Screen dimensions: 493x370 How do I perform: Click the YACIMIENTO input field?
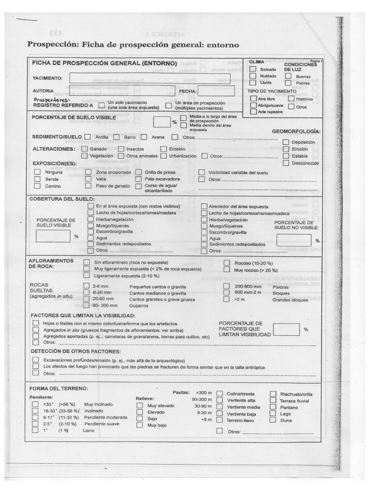coord(149,78)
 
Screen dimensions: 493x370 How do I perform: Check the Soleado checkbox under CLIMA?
coord(253,70)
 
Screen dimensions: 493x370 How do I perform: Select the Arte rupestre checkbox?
coord(253,112)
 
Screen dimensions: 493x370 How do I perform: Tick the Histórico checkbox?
coord(291,99)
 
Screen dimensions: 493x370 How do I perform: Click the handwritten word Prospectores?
coord(48,99)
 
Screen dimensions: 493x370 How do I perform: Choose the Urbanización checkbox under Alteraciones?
coord(164,156)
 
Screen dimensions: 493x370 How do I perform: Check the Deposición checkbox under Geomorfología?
coord(286,142)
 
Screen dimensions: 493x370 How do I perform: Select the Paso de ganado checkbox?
coord(88,186)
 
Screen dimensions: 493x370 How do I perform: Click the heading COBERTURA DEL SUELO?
coord(62,199)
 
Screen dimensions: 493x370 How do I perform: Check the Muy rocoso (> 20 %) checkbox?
coord(226,271)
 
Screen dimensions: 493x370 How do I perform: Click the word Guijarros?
coord(139,305)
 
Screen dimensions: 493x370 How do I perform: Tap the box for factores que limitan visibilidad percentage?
coord(286,329)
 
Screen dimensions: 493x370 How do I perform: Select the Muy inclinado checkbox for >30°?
coord(35,405)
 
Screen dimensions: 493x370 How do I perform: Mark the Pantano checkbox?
coord(273,407)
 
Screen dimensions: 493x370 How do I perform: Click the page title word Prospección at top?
coord(50,45)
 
